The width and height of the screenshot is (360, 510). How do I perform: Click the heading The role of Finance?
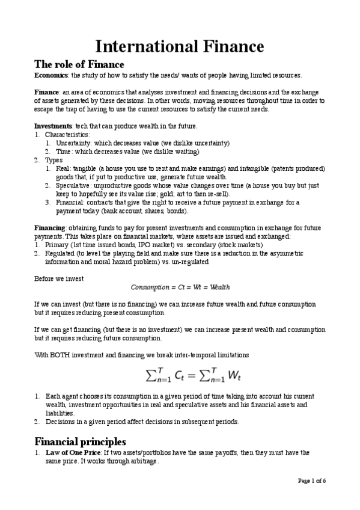pos(79,64)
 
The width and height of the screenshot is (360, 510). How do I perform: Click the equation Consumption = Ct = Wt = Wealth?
pos(180,287)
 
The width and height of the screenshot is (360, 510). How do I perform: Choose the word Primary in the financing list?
pos(57,245)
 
